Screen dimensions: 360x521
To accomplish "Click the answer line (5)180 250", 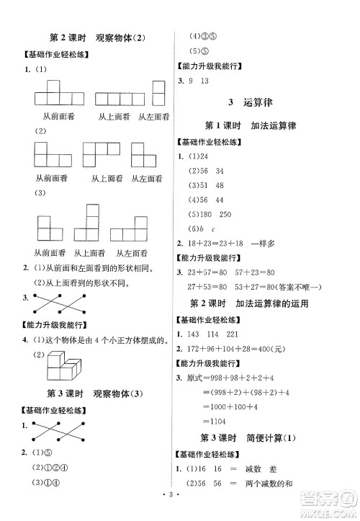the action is [x=210, y=215].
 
